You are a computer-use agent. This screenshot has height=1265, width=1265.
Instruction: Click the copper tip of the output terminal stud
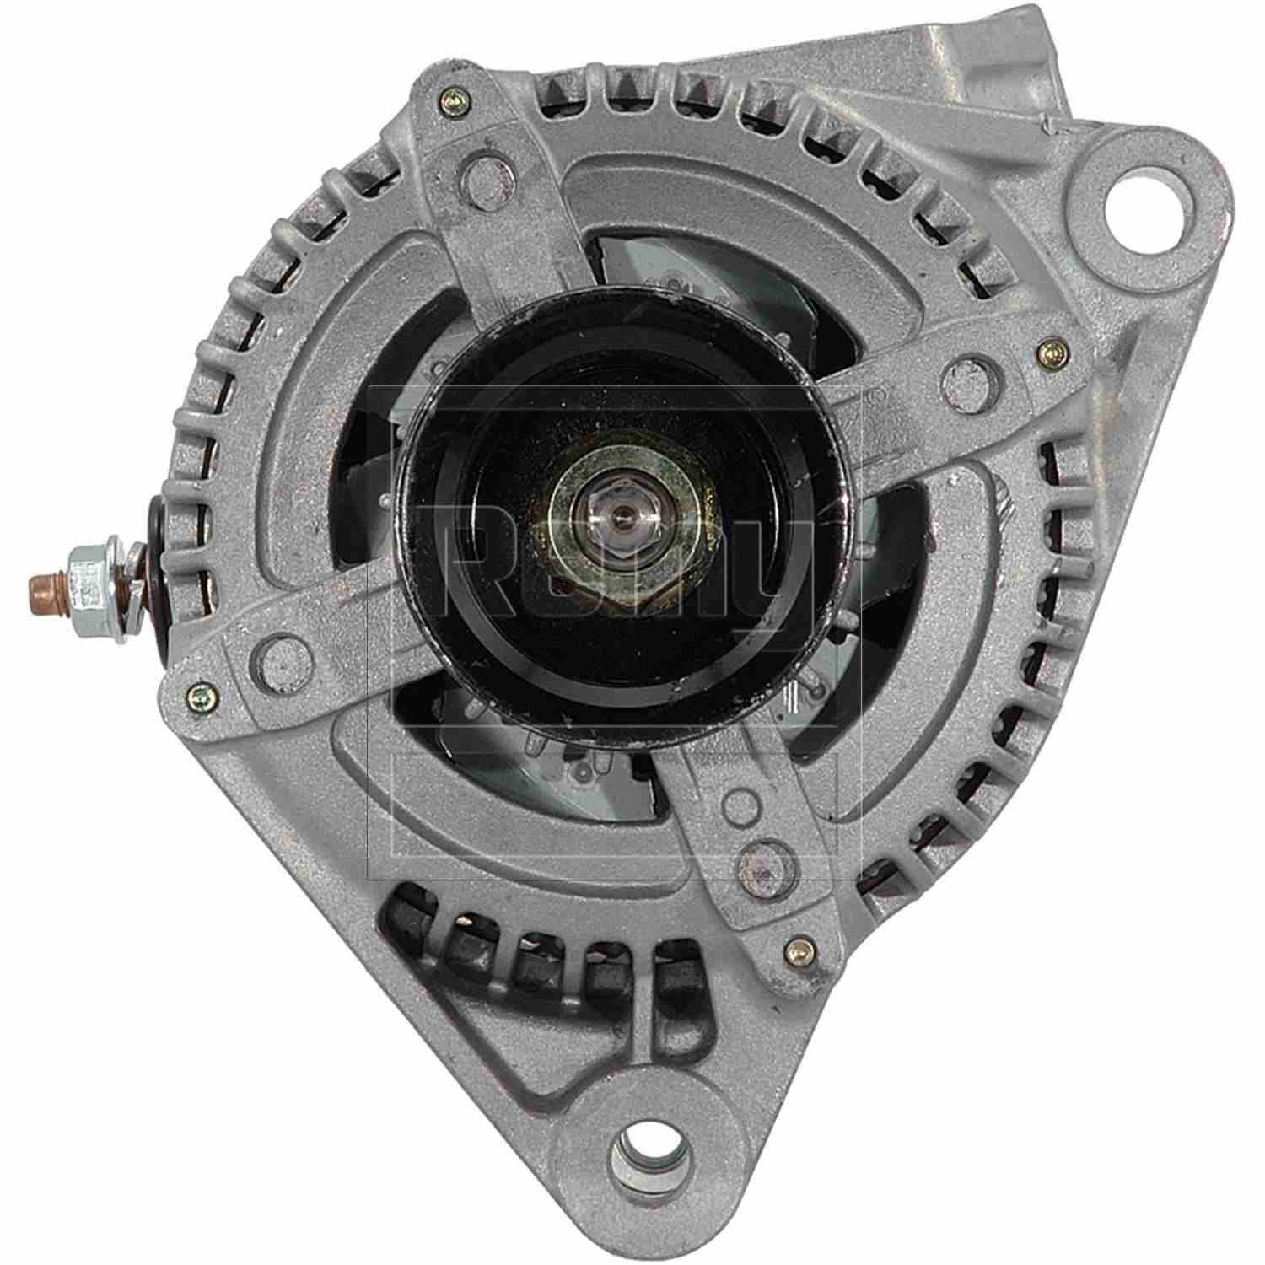[x=38, y=583]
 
